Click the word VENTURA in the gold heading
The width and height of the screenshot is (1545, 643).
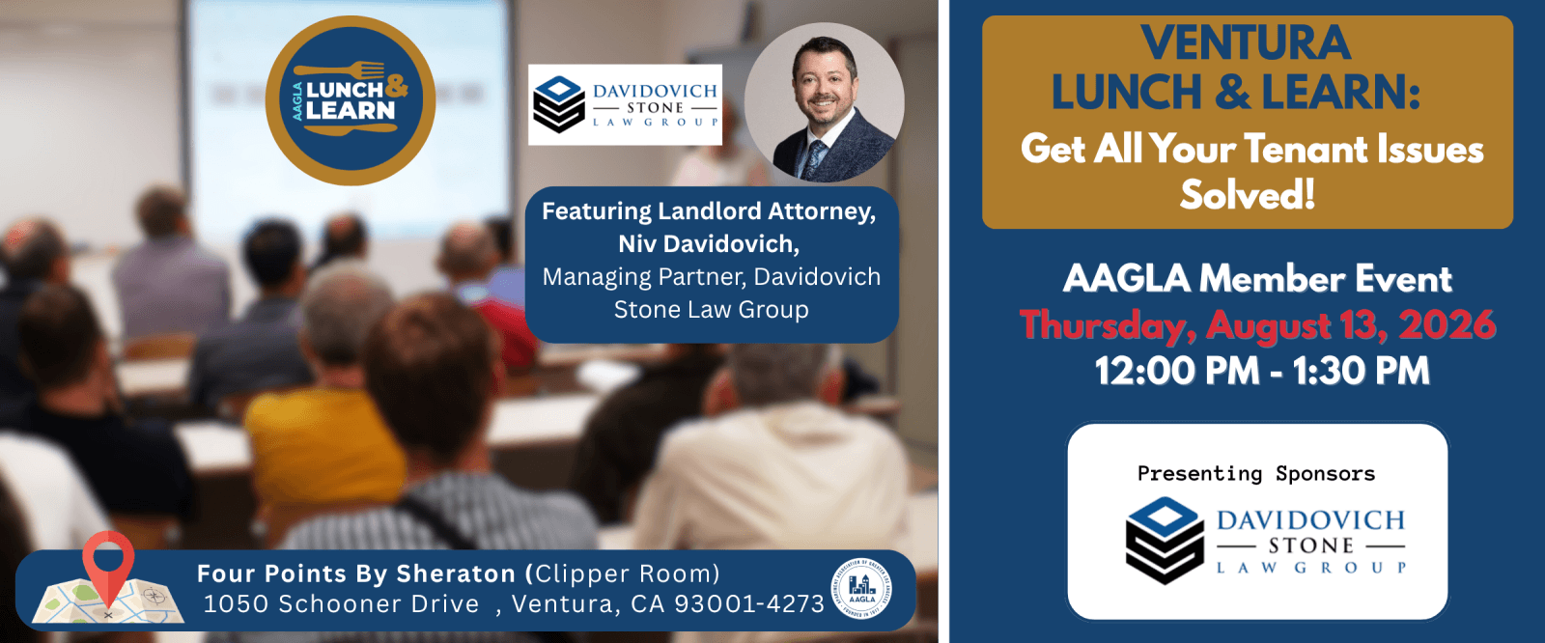click(1246, 42)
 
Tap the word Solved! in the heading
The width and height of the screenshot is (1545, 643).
click(1247, 195)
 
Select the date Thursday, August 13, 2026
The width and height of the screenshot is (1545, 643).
click(1257, 325)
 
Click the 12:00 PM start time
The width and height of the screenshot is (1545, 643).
click(1177, 371)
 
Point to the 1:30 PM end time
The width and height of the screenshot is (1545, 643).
click(1361, 371)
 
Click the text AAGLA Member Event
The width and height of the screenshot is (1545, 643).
click(1257, 279)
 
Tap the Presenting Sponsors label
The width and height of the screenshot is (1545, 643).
click(1256, 473)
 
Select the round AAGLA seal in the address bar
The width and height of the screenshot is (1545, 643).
click(861, 588)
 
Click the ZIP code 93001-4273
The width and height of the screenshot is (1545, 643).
click(749, 603)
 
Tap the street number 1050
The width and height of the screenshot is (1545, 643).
click(233, 603)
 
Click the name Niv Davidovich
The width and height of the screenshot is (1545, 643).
click(708, 243)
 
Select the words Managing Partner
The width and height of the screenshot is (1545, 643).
click(643, 277)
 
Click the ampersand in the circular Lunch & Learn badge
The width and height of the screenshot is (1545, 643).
click(396, 85)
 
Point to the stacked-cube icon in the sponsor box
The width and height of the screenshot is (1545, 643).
click(1165, 541)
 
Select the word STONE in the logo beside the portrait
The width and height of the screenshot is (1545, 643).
click(655, 107)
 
